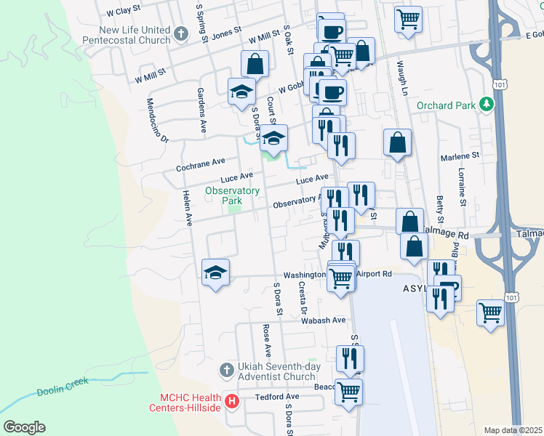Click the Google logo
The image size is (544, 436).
24,427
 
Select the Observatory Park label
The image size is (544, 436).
232,195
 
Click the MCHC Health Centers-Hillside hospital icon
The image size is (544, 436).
232,401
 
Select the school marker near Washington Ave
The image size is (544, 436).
215,272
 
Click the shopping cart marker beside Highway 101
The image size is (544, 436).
491,312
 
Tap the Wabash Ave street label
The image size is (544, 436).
324,320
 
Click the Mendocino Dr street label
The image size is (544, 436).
157,121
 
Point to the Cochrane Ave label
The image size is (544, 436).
201,165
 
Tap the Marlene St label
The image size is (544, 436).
461,156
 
